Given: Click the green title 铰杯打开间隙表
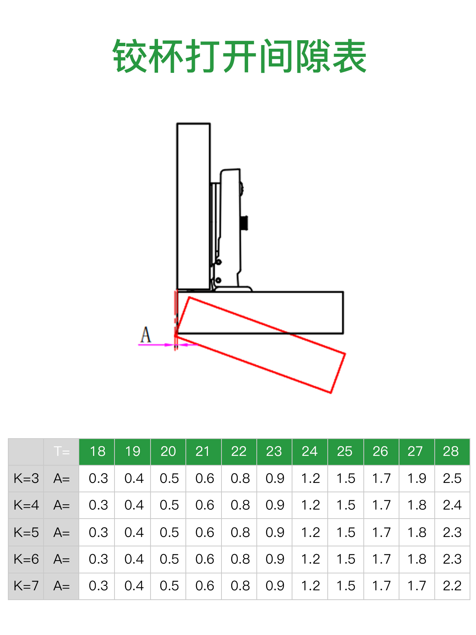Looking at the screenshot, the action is click(x=240, y=56).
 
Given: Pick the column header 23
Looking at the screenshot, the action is click(x=274, y=451).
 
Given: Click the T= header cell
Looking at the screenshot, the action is click(x=62, y=451).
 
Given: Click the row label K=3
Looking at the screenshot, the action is click(x=26, y=478).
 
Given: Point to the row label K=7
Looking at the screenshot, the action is click(x=26, y=586).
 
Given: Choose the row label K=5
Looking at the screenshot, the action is click(x=26, y=532).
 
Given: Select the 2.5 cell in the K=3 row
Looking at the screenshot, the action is click(x=452, y=478).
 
